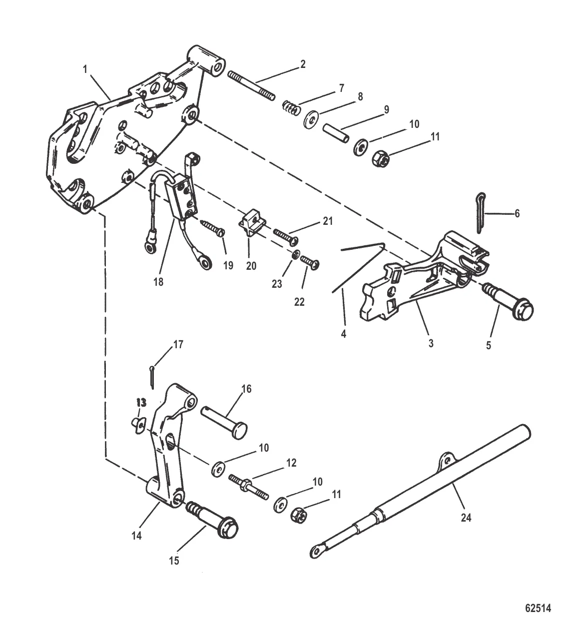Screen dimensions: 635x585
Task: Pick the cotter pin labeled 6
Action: pos(480,212)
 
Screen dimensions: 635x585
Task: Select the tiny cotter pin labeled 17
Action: pos(151,376)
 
